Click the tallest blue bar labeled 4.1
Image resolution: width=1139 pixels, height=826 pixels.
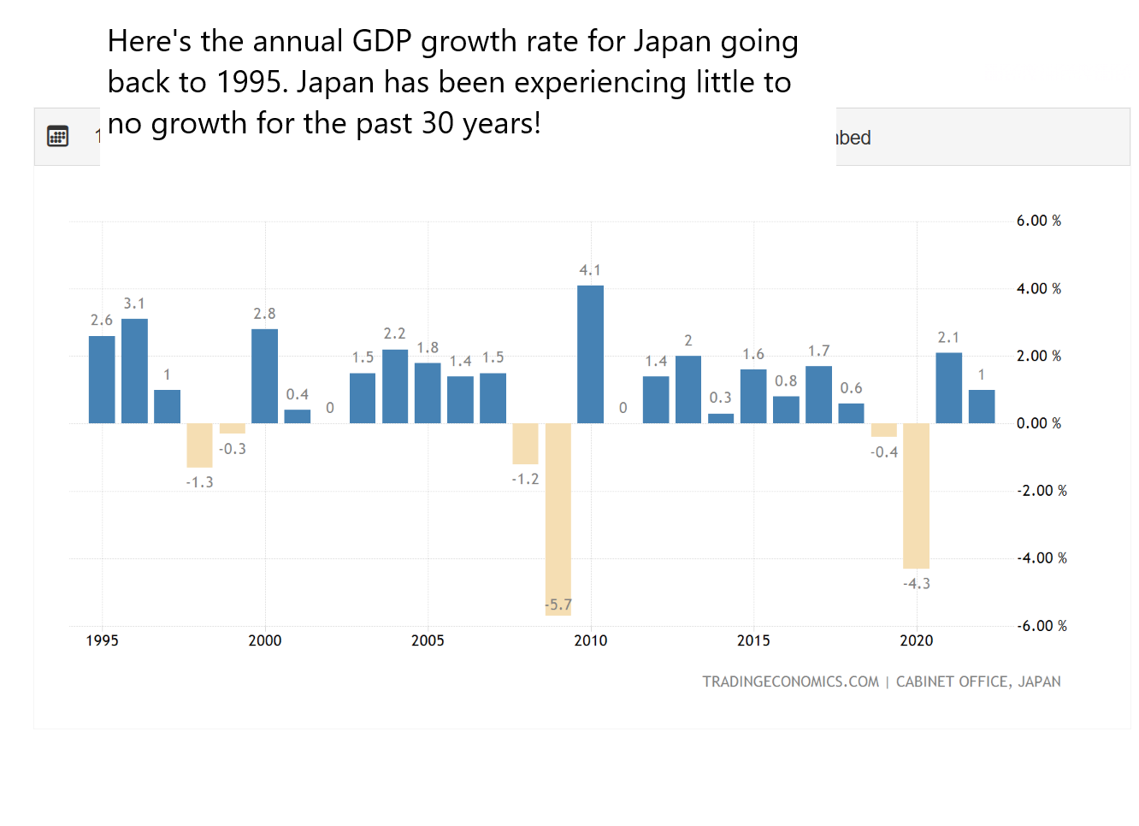coord(590,354)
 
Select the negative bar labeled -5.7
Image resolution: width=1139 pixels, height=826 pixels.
coord(558,518)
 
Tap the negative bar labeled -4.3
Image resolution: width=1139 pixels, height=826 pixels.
coord(916,495)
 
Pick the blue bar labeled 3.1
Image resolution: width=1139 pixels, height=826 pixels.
coord(134,370)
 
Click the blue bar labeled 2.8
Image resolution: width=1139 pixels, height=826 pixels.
coord(264,375)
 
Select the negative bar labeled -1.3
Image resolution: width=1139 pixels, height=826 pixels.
coord(199,445)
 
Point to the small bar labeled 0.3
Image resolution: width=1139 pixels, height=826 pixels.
coord(721,418)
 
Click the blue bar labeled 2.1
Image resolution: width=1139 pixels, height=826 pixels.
coord(948,387)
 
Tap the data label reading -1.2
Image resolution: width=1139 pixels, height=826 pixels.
coord(525,479)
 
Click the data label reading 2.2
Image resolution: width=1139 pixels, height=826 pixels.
coord(394,333)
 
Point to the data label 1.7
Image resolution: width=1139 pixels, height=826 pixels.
coord(818,351)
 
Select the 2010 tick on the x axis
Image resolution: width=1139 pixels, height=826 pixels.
coord(590,640)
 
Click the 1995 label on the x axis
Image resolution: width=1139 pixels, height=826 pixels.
coord(102,640)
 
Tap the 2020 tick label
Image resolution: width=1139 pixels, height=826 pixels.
coord(916,640)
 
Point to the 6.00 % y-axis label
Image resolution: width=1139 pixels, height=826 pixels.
coord(1038,221)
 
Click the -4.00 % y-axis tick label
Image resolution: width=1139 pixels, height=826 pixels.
coord(1042,558)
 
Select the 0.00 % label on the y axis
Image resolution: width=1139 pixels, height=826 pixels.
coord(1038,423)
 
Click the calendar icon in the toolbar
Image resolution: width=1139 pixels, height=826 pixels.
coord(57,136)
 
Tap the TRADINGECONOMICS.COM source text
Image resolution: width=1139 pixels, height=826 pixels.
coord(790,681)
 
